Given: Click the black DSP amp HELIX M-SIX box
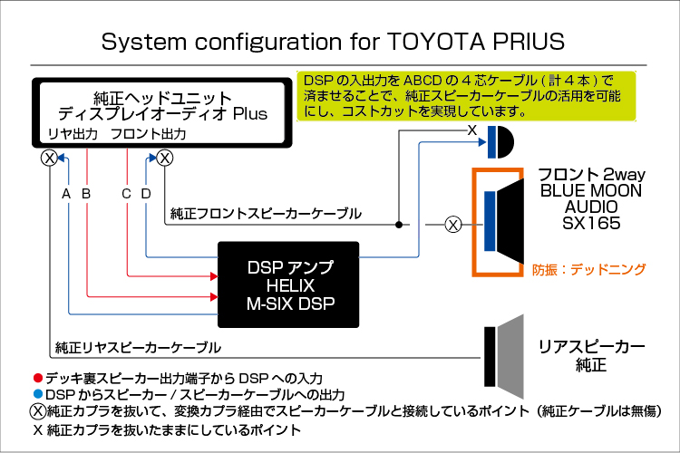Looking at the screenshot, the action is pyautogui.click(x=288, y=284).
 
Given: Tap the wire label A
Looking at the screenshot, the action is pyautogui.click(x=66, y=194).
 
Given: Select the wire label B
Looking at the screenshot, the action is pyautogui.click(x=86, y=194).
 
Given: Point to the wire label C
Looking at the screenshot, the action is pyautogui.click(x=126, y=194).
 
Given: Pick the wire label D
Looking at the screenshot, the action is pyautogui.click(x=146, y=194).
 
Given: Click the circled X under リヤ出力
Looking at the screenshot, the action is pyautogui.click(x=50, y=158).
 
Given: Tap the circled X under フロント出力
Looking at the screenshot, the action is pyautogui.click(x=165, y=158).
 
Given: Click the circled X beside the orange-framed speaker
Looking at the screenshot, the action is pyautogui.click(x=453, y=225).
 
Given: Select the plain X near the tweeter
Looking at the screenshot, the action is pyautogui.click(x=472, y=130).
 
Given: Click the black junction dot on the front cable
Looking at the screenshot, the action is pyautogui.click(x=399, y=225).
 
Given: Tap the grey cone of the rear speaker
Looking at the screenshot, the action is pyautogui.click(x=510, y=357).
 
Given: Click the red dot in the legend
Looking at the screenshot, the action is pyautogui.click(x=38, y=378).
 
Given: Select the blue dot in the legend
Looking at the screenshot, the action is pyautogui.click(x=38, y=394).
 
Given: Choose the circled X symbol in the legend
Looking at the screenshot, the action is pyautogui.click(x=38, y=411).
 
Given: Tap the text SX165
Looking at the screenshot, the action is pyautogui.click(x=591, y=223).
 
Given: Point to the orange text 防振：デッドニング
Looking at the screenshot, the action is pyautogui.click(x=589, y=270).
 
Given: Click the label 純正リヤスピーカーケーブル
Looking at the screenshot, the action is pyautogui.click(x=138, y=347).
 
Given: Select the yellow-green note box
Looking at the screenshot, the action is pyautogui.click(x=466, y=96).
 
